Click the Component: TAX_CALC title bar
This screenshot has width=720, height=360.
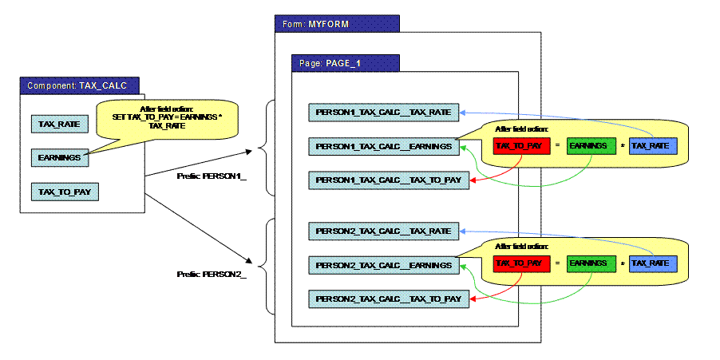tap(82, 85)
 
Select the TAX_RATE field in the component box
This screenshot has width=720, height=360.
tap(56, 124)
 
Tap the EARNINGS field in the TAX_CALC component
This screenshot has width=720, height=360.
tap(58, 158)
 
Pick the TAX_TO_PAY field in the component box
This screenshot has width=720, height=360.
tap(64, 192)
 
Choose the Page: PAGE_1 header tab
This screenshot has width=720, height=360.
tap(344, 62)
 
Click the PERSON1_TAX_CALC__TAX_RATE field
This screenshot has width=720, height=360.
tap(384, 113)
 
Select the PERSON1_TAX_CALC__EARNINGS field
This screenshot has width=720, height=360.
tap(384, 147)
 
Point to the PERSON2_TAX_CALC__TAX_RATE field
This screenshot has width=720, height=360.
tap(384, 231)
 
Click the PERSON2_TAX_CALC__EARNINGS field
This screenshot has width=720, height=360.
tap(384, 266)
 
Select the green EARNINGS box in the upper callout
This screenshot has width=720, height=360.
tap(591, 147)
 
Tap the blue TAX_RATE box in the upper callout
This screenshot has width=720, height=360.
tap(653, 147)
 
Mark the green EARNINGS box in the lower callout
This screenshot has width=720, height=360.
tap(591, 264)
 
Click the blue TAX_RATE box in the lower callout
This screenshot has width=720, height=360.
tap(653, 264)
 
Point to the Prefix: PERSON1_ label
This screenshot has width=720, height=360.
tap(212, 176)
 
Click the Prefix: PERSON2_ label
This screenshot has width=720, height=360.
tap(212, 274)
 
